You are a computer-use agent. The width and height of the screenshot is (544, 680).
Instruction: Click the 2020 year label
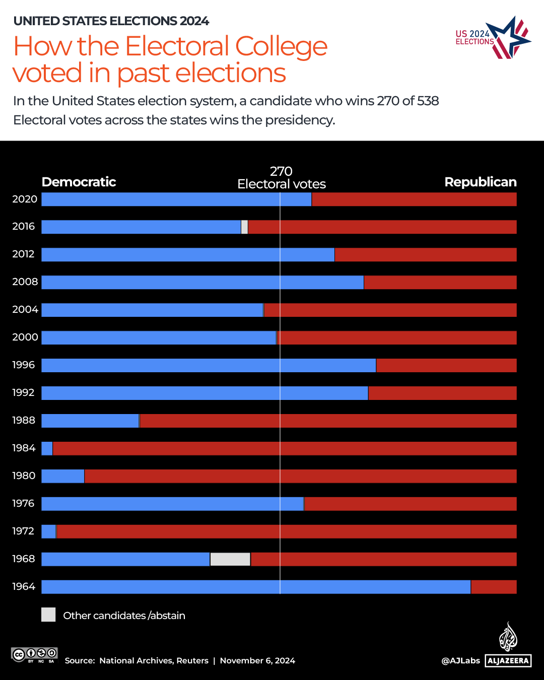(x=25, y=199)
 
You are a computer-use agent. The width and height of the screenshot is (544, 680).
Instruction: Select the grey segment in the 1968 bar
(x=230, y=559)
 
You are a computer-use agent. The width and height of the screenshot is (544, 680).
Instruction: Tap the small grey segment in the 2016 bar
(x=244, y=227)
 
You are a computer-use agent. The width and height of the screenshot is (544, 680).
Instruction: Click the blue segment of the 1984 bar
(x=47, y=448)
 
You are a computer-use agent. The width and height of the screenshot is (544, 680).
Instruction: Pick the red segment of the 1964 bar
(x=494, y=587)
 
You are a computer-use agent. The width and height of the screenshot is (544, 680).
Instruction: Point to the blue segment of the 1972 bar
(x=48, y=531)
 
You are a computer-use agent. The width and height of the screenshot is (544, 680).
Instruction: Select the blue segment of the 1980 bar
(x=63, y=476)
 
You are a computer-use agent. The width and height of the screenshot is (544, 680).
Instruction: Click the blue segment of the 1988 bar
(x=90, y=421)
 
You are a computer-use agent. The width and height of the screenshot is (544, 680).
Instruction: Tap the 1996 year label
(x=24, y=365)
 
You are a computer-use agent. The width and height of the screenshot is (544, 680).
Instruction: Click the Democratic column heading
(x=79, y=182)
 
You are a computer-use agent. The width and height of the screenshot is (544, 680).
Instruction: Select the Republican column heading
(x=480, y=182)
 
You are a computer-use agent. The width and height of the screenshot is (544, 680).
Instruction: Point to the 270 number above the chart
(x=281, y=171)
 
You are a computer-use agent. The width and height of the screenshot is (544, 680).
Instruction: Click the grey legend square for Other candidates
(x=48, y=615)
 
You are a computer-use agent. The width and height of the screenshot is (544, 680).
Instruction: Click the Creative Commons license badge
(x=34, y=655)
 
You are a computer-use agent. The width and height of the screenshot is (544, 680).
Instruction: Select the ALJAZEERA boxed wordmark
(x=508, y=660)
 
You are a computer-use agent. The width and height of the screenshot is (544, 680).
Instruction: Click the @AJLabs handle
(x=460, y=660)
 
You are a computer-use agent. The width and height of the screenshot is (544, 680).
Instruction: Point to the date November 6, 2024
(x=257, y=660)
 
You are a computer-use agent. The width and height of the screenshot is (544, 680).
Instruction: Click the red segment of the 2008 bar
(x=440, y=282)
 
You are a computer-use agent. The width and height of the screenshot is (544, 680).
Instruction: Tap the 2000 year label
(x=25, y=337)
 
